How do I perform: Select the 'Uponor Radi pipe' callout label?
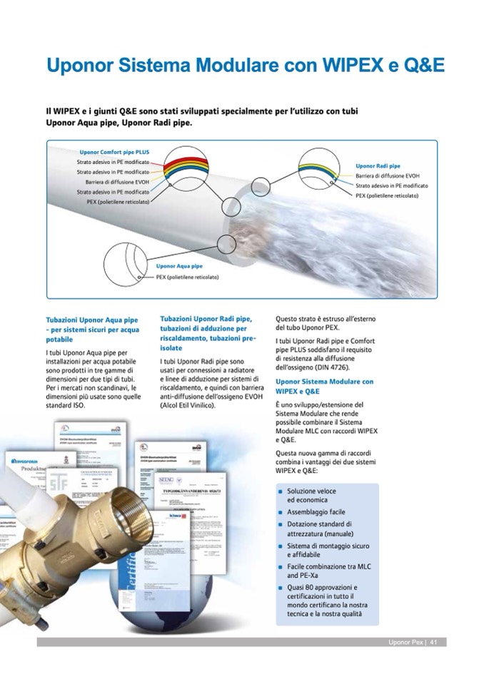[378, 165]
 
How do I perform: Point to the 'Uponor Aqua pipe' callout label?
[179, 267]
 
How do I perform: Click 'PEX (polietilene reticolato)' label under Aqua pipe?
[187, 277]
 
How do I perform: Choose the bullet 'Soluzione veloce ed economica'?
[311, 496]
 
